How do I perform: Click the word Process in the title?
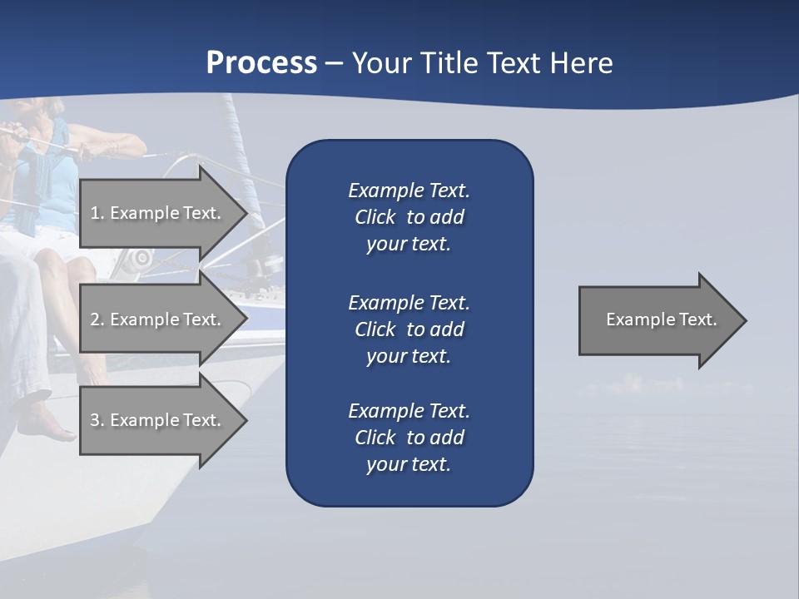261,63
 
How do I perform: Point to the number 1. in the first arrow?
97,213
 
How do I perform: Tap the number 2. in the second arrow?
97,319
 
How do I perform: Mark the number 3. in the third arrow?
97,420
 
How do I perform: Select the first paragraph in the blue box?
409,217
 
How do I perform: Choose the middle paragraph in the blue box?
409,329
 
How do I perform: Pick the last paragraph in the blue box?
409,438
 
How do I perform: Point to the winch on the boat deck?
141,257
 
